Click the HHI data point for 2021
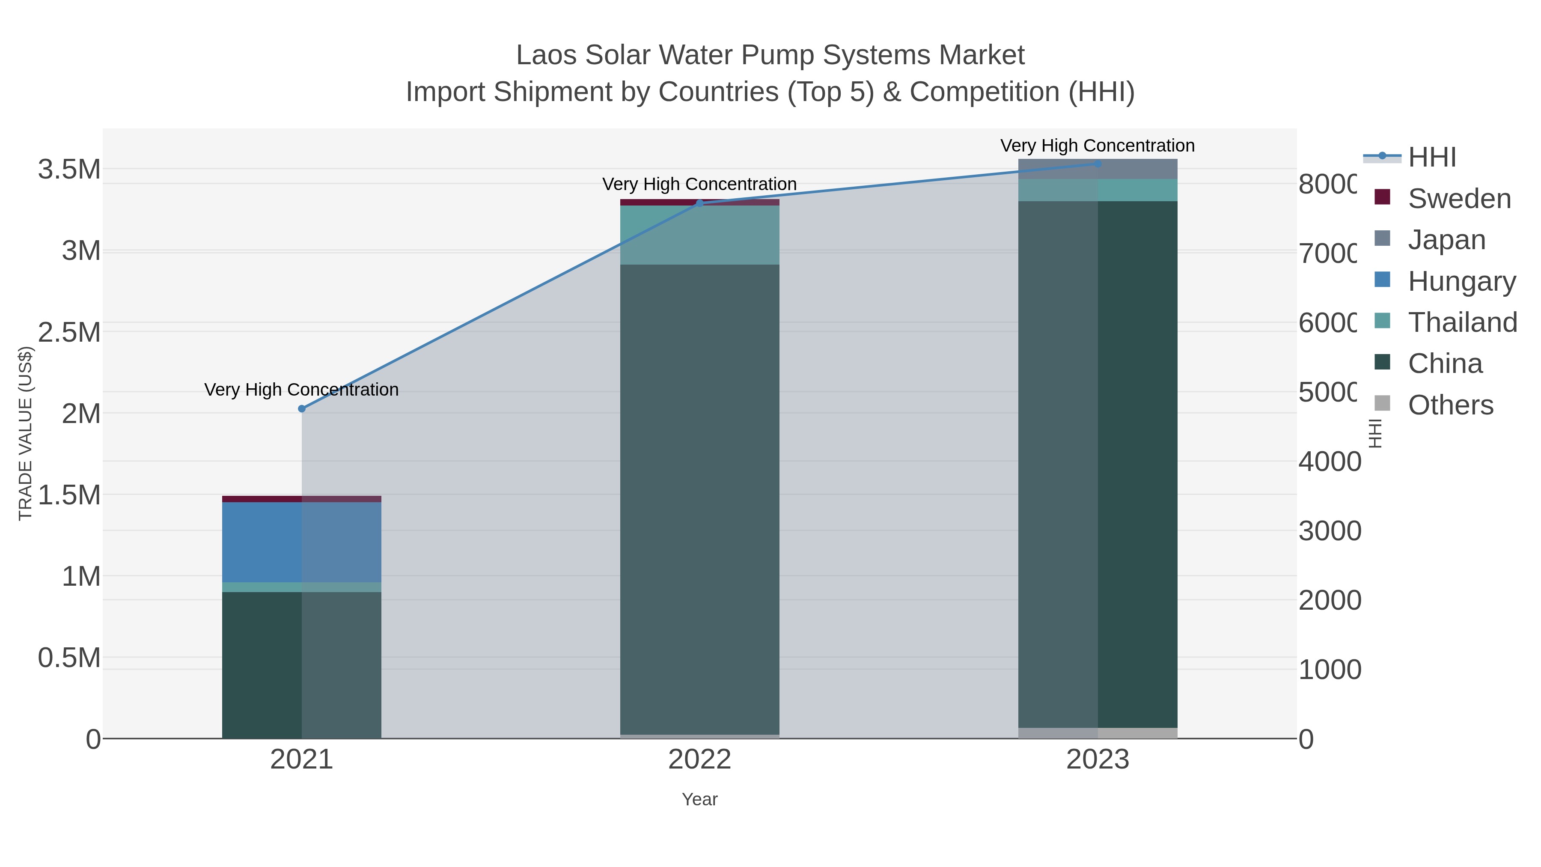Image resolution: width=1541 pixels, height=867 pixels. click(301, 409)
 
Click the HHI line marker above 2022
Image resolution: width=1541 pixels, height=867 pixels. click(699, 203)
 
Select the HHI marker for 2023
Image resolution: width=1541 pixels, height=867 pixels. click(1097, 164)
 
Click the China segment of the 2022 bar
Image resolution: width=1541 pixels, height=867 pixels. click(699, 497)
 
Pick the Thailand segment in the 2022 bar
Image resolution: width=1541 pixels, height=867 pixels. click(699, 235)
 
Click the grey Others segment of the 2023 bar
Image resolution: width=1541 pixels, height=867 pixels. click(1097, 733)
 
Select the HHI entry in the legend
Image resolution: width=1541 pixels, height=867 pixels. click(1431, 158)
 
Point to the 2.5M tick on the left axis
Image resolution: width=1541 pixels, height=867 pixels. click(69, 332)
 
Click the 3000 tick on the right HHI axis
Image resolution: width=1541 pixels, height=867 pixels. click(1329, 531)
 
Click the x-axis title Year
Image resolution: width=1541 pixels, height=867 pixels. click(699, 799)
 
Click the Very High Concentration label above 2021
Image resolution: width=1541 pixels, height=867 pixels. click(301, 390)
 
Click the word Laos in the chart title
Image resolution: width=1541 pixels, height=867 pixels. click(547, 55)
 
